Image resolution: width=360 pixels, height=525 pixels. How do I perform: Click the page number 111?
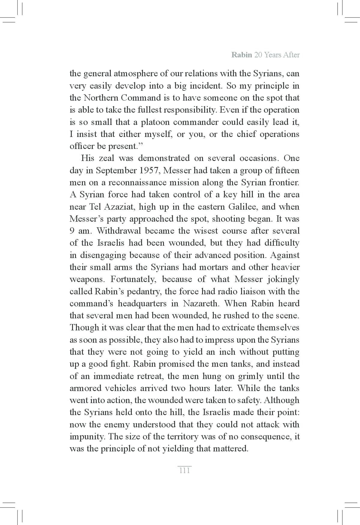184,471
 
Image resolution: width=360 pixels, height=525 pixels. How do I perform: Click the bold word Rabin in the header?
242,55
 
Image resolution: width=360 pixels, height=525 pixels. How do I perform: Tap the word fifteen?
287,171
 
